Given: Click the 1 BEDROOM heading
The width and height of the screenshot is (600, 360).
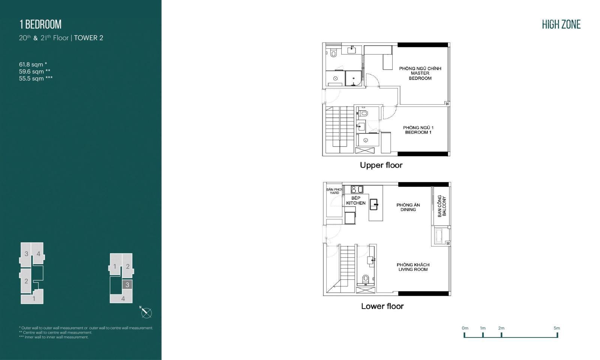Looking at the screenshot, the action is tap(40, 24).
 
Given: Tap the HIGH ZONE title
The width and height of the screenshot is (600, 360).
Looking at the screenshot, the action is tap(561, 24).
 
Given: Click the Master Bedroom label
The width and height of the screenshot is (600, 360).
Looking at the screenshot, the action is tap(420, 73).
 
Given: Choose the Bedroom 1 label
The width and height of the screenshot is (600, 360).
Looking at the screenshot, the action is tap(418, 130).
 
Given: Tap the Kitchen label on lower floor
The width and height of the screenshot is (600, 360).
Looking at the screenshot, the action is tap(356, 201).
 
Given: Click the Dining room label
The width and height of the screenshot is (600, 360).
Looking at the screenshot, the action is tap(408, 207).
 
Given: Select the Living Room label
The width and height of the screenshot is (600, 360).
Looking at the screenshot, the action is tap(413, 267).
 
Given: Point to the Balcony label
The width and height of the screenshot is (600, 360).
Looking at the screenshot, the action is tap(442, 206).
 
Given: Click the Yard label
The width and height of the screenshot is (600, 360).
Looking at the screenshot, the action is tap(334, 191).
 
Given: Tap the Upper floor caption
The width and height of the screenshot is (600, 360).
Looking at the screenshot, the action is tap(381, 165).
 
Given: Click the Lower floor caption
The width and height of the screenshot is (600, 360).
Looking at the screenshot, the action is tap(382, 306).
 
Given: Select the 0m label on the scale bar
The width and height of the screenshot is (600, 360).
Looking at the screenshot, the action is tap(465, 328).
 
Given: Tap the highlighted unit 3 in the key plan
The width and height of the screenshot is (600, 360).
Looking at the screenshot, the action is tap(127, 285).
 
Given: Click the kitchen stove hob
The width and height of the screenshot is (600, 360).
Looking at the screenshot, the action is tap(357, 189).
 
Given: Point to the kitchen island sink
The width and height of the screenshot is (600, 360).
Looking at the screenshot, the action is tap(374, 204).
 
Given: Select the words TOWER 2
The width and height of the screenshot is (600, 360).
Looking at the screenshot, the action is tap(88, 38).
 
